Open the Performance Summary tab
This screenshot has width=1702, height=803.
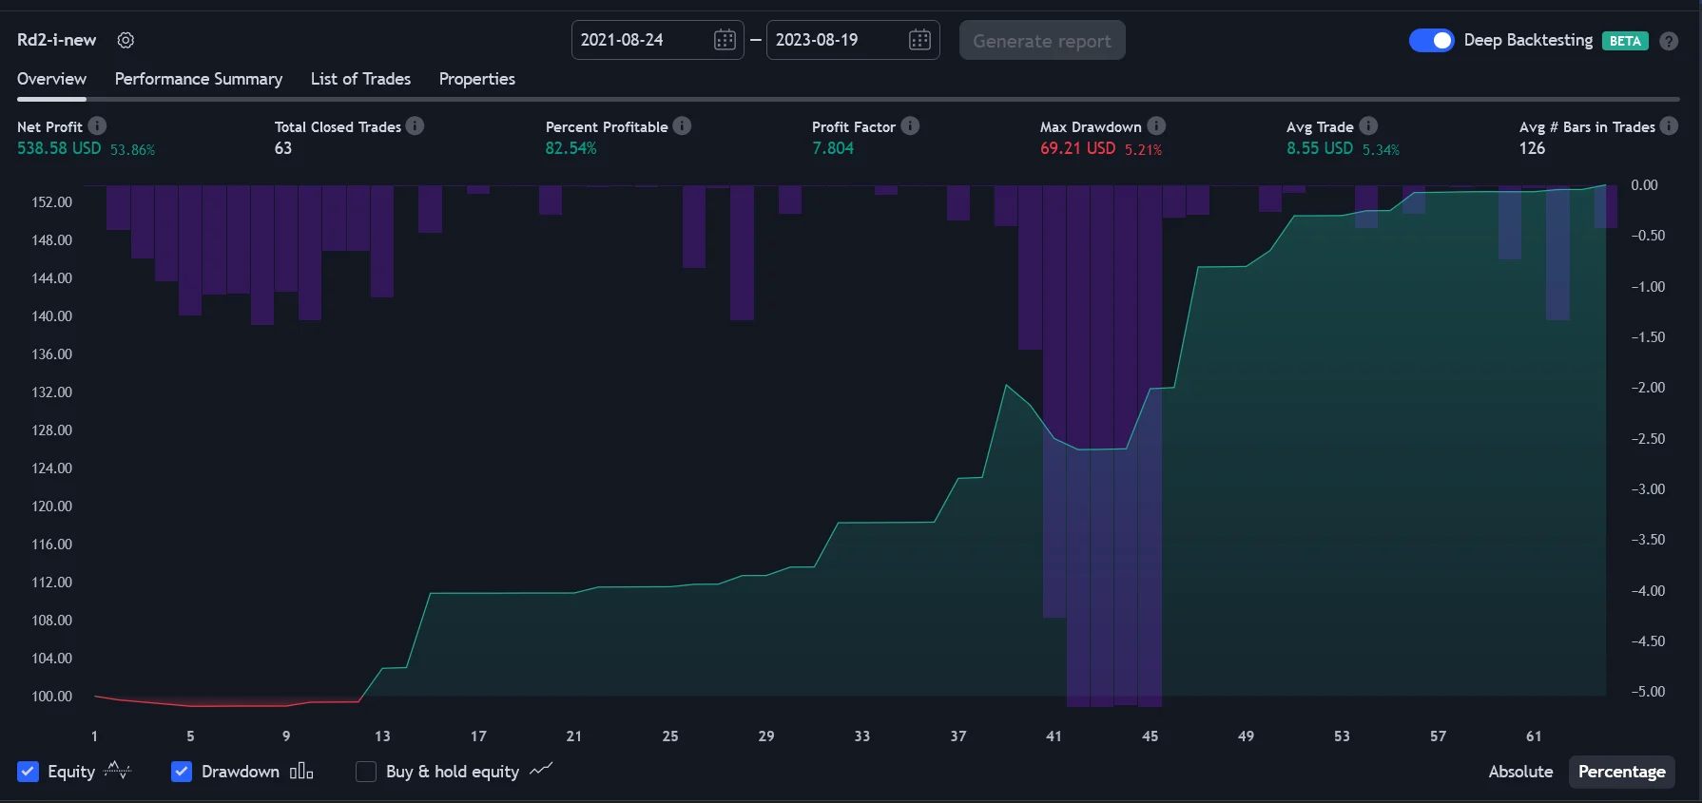(199, 79)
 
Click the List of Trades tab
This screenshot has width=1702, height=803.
(360, 79)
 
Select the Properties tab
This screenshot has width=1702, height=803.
(477, 79)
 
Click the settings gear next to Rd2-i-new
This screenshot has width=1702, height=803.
(126, 40)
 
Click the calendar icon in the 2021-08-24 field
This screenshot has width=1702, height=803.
(725, 40)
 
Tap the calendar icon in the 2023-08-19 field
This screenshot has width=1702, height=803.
(919, 40)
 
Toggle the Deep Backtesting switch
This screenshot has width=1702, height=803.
(1431, 40)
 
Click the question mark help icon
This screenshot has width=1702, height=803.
(1669, 41)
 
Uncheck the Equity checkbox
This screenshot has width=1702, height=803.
(29, 772)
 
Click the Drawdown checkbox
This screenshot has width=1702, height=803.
(182, 772)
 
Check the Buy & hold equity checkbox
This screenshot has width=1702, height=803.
(366, 772)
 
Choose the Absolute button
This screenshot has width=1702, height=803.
(1520, 772)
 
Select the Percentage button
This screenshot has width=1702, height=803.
(1621, 772)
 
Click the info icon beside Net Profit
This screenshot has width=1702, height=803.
(97, 125)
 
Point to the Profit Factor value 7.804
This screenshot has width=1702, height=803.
(833, 148)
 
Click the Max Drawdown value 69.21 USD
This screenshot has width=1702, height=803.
(1077, 148)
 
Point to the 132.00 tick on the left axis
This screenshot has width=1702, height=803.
(52, 392)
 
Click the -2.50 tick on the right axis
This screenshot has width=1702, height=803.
(1648, 438)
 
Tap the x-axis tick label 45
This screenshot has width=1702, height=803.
(1150, 736)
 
